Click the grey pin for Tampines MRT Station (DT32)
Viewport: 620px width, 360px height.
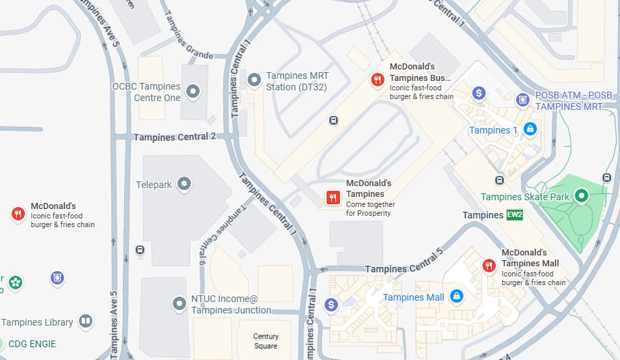[254, 80]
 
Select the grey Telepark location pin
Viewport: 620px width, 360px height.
[184, 183]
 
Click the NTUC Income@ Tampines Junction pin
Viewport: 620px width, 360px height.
[179, 303]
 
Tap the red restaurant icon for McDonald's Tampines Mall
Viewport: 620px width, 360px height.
[489, 266]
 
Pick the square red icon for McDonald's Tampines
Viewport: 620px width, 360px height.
[333, 197]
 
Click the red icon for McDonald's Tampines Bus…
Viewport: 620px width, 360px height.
[377, 80]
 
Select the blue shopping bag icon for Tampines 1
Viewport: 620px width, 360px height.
[530, 128]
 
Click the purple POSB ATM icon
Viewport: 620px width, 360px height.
[522, 100]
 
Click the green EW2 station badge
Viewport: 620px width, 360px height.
[515, 215]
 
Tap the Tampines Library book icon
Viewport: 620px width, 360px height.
[86, 321]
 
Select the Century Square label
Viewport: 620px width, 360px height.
[266, 341]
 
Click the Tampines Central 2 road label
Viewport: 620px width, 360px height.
[175, 137]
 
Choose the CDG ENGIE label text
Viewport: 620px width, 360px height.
[32, 344]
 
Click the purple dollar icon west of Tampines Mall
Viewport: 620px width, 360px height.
[331, 304]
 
